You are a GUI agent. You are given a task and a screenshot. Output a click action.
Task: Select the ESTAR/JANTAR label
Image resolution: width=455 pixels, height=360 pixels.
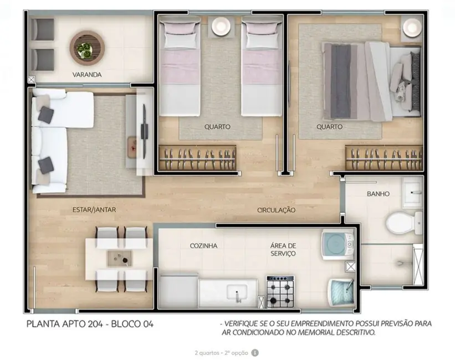[x=94, y=210]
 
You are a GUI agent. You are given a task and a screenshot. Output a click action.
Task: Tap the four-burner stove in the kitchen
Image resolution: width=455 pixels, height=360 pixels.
[x=280, y=291]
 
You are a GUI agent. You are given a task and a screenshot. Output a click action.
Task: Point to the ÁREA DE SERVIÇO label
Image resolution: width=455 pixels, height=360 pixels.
[x=283, y=249]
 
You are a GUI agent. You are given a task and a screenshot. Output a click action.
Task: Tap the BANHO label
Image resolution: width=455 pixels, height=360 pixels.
[x=378, y=194]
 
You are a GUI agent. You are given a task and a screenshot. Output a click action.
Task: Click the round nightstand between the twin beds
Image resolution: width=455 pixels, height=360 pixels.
[x=221, y=25]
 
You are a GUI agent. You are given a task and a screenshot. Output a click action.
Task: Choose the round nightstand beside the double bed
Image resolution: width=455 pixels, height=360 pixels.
[x=412, y=27]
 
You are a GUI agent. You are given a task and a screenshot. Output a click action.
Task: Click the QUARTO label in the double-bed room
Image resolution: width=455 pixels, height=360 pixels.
[x=329, y=127]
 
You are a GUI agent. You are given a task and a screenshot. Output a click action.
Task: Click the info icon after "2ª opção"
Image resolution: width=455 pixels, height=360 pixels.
[x=254, y=352]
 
